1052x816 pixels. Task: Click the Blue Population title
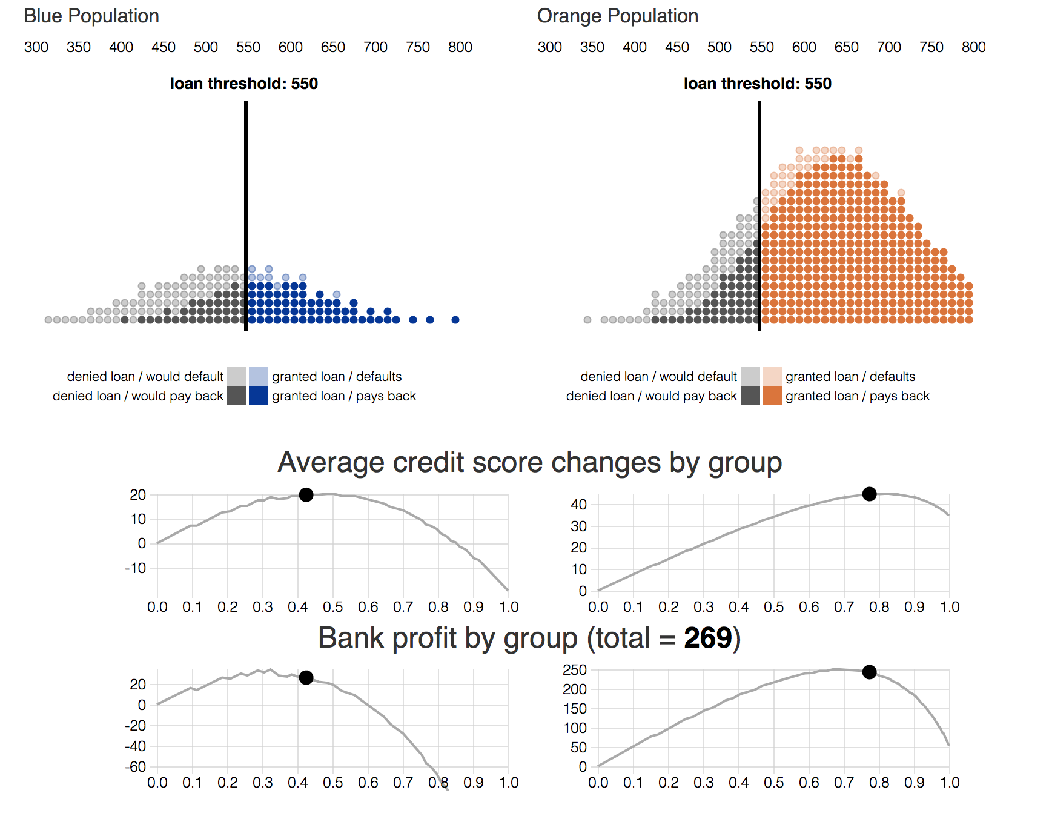coord(91,16)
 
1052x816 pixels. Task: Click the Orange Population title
coord(617,16)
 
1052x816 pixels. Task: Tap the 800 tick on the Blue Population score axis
coord(460,47)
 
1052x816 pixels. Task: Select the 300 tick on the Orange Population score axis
coord(549,47)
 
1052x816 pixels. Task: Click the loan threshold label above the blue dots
coord(243,84)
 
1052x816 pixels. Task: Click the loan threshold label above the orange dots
coord(757,84)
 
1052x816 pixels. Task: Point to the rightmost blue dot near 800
coord(455,320)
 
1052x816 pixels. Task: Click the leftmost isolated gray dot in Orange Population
coord(587,320)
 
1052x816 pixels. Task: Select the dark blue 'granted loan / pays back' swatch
coord(259,396)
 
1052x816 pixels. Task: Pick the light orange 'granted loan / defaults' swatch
coord(772,376)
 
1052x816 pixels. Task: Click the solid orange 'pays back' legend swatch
coord(772,396)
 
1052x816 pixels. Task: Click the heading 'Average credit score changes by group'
coord(529,463)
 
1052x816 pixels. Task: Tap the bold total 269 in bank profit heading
coord(707,639)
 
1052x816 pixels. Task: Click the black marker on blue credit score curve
coord(306,495)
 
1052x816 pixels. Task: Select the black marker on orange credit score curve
coord(869,494)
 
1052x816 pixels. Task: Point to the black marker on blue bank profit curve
coord(306,677)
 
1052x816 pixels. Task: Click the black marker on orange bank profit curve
coord(869,672)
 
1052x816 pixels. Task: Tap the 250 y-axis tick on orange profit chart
coord(575,670)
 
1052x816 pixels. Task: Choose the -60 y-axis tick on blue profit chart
coord(136,767)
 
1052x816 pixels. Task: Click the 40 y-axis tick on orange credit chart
coord(579,505)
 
